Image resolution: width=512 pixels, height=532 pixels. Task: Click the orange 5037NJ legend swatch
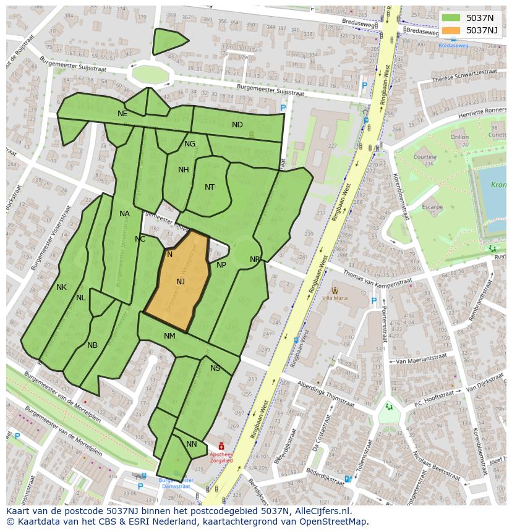[x=451, y=30]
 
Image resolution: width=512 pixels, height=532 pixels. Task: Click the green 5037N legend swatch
[x=451, y=17]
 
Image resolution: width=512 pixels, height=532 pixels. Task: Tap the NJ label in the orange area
[x=181, y=282]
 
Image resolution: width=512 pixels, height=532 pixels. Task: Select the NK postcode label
[x=61, y=287]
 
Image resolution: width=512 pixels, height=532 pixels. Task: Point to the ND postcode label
[x=237, y=125]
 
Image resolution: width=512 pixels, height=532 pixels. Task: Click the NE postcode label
[x=122, y=114]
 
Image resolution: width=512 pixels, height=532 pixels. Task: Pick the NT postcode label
[x=210, y=187]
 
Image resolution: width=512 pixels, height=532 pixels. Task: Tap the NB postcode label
[x=92, y=345]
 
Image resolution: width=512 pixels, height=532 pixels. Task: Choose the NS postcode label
[x=215, y=368]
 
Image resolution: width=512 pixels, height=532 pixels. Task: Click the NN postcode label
[x=192, y=444]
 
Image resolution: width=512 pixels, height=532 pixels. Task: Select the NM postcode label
[x=169, y=336]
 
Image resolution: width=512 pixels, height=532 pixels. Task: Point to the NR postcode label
[x=255, y=260]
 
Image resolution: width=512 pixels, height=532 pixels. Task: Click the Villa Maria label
[x=335, y=298]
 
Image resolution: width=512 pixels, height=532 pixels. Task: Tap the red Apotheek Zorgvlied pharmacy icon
[x=221, y=446]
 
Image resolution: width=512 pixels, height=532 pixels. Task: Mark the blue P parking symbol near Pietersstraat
[x=373, y=302]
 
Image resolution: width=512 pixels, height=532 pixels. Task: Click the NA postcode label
[x=124, y=214]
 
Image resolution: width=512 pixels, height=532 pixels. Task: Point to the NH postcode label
[x=184, y=170]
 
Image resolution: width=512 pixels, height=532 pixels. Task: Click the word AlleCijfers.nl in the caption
[x=321, y=511]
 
